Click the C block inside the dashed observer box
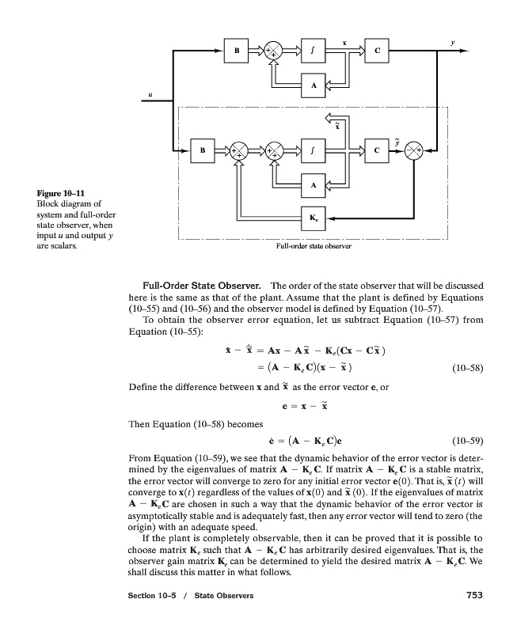pos(376,150)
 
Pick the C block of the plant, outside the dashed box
pos(376,51)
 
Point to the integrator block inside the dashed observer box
pos(314,150)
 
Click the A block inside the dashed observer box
pos(314,184)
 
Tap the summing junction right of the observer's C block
pos(416,150)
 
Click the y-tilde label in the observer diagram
pos(397,141)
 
